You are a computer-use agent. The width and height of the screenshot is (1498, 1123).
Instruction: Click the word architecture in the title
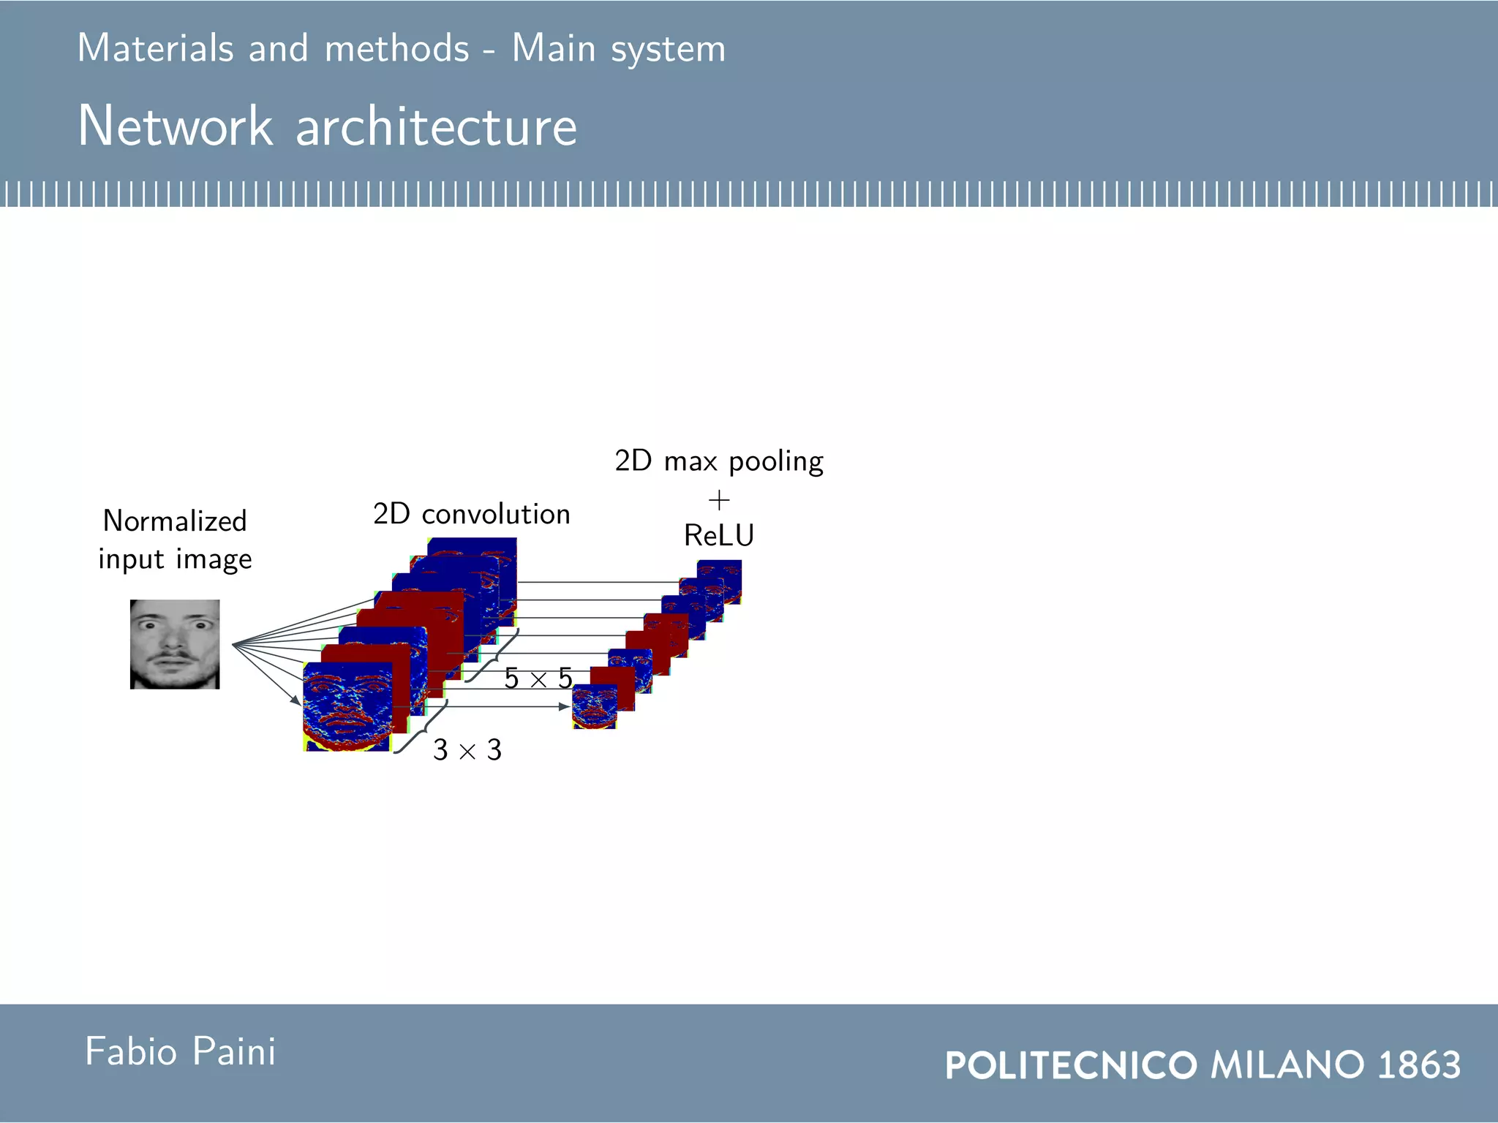pyautogui.click(x=436, y=127)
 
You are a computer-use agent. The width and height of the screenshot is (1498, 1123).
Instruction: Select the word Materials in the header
pyautogui.click(x=155, y=48)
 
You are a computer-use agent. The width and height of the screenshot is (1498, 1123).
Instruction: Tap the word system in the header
pyautogui.click(x=668, y=50)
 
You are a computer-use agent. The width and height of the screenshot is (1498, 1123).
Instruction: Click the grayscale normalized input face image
pyautogui.click(x=175, y=644)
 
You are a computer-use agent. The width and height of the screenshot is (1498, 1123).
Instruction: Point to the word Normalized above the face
pyautogui.click(x=175, y=521)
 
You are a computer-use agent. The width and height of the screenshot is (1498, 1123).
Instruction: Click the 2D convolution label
pyautogui.click(x=472, y=514)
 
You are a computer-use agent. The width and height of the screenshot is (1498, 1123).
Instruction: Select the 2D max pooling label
pyautogui.click(x=719, y=461)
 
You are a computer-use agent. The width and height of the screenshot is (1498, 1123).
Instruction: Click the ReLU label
pyautogui.click(x=719, y=535)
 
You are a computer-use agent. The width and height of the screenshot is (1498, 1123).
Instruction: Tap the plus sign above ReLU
pyautogui.click(x=719, y=501)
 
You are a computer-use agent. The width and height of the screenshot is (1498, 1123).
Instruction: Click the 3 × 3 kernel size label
pyautogui.click(x=467, y=750)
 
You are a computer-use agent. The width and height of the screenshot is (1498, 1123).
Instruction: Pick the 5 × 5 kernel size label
pyautogui.click(x=538, y=678)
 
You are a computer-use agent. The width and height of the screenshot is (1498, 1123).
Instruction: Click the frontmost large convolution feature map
pyautogui.click(x=346, y=707)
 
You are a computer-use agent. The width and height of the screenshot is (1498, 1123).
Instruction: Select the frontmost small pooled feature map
pyautogui.click(x=593, y=707)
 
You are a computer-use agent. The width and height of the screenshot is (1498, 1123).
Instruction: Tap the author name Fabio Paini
pyautogui.click(x=181, y=1052)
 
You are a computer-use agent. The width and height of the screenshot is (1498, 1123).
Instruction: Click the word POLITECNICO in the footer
pyautogui.click(x=1071, y=1065)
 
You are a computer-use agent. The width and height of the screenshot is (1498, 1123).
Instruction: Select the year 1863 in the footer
pyautogui.click(x=1419, y=1065)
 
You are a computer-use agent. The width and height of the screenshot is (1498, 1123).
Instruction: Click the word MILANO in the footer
pyautogui.click(x=1287, y=1065)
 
